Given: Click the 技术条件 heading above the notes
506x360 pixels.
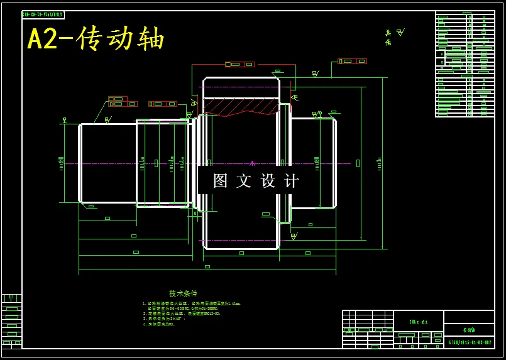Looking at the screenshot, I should click(x=183, y=293).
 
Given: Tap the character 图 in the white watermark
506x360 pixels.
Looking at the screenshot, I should click(x=220, y=181).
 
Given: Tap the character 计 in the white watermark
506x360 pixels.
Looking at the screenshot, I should click(x=292, y=181).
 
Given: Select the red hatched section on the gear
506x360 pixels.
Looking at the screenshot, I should click(x=241, y=106).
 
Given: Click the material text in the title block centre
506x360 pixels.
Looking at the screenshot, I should click(x=418, y=322).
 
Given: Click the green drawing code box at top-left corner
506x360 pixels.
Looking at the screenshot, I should click(x=43, y=14).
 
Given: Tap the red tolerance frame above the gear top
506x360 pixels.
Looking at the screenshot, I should click(x=240, y=64).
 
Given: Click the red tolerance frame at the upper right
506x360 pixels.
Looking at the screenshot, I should click(x=352, y=61).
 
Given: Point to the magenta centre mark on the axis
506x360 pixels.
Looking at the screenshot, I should click(x=252, y=163).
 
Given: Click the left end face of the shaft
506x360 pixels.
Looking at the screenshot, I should click(x=80, y=163).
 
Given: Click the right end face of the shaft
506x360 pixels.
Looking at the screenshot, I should click(x=335, y=163).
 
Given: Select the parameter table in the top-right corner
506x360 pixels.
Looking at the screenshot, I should click(x=465, y=64).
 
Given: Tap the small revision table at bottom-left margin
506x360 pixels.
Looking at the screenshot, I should click(x=11, y=320).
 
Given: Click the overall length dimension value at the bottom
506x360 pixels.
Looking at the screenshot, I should click(x=207, y=267).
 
